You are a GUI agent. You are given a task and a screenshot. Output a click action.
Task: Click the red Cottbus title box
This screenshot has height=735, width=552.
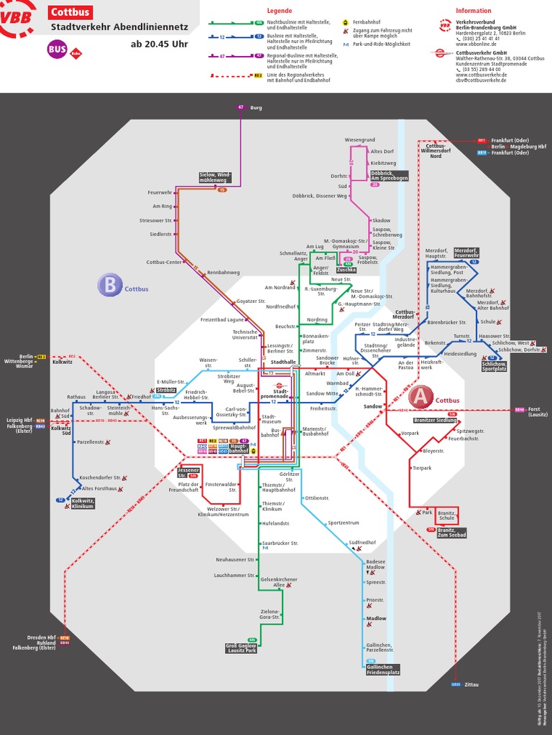tap(70, 12)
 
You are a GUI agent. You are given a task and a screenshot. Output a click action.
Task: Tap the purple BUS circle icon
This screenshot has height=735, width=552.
tap(57, 50)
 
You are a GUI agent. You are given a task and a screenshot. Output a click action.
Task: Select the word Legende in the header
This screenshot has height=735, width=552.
tap(279, 11)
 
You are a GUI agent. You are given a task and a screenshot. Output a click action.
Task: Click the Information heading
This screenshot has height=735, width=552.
tap(474, 11)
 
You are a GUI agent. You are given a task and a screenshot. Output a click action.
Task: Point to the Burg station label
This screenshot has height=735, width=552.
tap(256, 108)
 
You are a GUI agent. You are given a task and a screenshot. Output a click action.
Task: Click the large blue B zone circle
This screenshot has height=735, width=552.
tap(109, 286)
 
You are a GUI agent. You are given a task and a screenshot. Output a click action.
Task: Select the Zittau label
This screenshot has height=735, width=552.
tap(471, 685)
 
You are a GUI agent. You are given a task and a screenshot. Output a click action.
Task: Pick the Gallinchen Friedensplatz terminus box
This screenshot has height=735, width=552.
tap(382, 670)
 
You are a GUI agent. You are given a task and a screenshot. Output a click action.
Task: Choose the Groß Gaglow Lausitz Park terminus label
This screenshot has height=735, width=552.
tap(241, 647)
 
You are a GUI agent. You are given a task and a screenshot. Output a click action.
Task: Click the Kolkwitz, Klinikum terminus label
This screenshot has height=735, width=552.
tap(83, 503)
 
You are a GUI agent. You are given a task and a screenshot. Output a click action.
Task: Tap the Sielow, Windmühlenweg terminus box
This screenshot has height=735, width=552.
tap(216, 177)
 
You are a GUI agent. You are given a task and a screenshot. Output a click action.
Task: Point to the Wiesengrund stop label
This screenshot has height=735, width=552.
tap(359, 139)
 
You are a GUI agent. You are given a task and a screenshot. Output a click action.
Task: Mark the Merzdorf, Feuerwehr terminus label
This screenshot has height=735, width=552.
tap(466, 253)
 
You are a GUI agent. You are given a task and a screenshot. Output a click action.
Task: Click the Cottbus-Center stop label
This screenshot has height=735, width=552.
tap(165, 262)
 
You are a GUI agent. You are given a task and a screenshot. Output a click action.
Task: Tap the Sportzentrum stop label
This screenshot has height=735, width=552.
tap(343, 523)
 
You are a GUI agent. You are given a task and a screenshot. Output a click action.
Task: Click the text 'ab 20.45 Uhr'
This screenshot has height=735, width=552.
tap(159, 45)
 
